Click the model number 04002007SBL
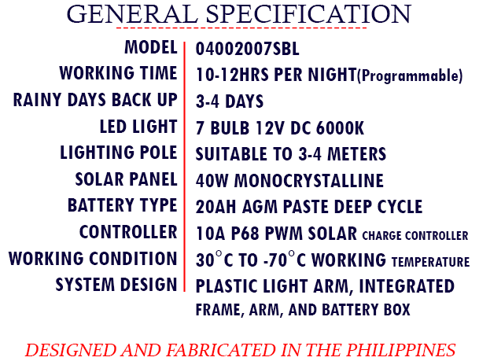[x=247, y=49]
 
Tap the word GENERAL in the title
[x=133, y=14]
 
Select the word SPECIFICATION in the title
[x=308, y=14]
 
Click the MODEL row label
[x=150, y=47]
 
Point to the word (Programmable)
[x=410, y=76]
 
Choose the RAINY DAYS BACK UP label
[x=95, y=100]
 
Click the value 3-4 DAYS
[x=230, y=101]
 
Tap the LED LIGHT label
[x=138, y=127]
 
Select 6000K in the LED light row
[x=340, y=128]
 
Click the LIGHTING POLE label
[x=119, y=153]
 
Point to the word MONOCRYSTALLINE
[x=309, y=180]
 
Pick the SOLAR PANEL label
[x=126, y=179]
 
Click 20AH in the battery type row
[x=216, y=207]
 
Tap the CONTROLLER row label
[x=128, y=232]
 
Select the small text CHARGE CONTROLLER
[x=415, y=235]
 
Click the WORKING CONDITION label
[x=93, y=259]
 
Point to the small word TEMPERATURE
[x=430, y=262]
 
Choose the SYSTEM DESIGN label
[x=116, y=285]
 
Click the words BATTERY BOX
[x=366, y=310]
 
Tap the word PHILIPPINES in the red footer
[x=400, y=350]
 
